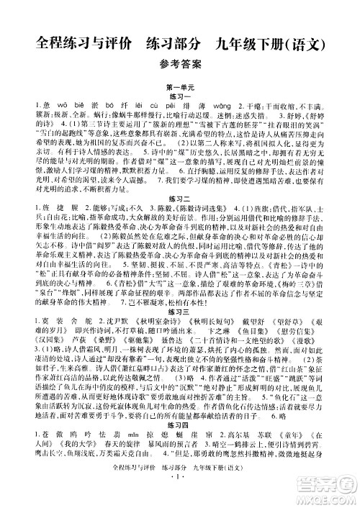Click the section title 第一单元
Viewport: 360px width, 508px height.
179,87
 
